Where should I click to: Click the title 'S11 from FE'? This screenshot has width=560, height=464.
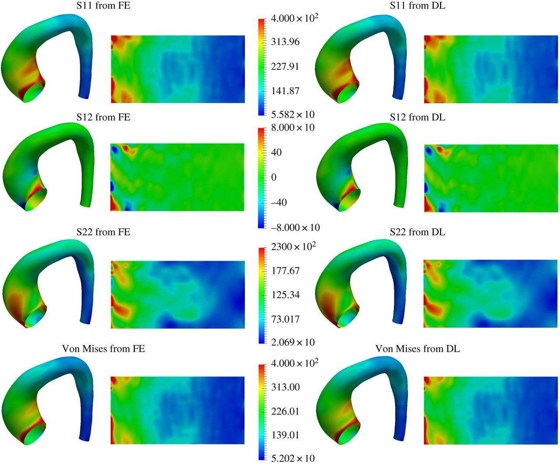(103, 6)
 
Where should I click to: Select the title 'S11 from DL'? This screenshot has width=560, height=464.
(417, 6)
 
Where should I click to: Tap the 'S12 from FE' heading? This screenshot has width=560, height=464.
(103, 117)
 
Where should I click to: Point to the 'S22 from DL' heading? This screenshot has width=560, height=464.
(417, 232)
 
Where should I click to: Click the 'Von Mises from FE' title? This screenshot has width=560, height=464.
(103, 349)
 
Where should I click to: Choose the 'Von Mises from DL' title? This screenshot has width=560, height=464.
(417, 349)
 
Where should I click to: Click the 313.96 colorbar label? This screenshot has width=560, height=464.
(285, 42)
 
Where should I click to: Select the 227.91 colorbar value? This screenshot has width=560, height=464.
(285, 66)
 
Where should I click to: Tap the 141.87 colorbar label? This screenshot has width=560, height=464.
(285, 91)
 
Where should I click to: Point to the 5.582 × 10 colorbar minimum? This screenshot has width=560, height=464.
(293, 115)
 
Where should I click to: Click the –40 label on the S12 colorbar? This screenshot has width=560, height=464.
(279, 202)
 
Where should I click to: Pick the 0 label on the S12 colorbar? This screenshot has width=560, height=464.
(274, 177)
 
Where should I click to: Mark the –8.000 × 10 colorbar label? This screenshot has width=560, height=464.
(295, 227)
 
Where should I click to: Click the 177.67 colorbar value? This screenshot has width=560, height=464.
(285, 271)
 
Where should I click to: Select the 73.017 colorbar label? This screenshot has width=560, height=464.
(285, 319)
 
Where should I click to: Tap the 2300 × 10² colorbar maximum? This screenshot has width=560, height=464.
(294, 247)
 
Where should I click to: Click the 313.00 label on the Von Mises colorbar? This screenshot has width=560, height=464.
(285, 387)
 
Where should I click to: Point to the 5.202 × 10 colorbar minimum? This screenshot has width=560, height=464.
(293, 458)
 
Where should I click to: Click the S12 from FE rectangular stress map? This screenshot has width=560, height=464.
(177, 177)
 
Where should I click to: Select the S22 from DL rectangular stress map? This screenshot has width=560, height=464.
(491, 294)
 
